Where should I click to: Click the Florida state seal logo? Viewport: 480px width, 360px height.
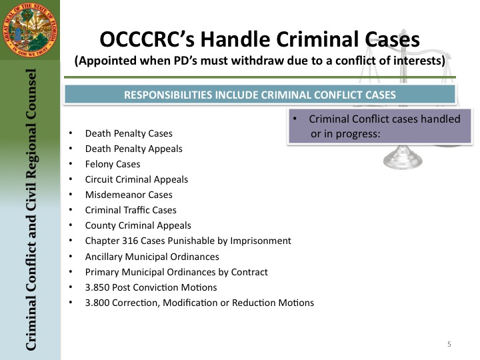30,30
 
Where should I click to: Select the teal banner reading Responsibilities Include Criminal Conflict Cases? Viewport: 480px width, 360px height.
260,95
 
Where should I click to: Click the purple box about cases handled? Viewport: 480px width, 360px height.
380,126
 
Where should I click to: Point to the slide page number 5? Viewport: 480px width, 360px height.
449,344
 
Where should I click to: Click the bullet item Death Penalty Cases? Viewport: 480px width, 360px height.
129,133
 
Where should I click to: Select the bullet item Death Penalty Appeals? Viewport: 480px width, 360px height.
134,149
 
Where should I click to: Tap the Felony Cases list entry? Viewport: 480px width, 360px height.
113,164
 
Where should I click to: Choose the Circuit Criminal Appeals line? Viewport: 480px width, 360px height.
137,179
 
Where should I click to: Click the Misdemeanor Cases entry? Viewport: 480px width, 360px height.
129,195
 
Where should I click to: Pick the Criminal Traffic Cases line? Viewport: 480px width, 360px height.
131,210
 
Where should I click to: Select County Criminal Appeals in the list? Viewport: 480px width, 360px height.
138,225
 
